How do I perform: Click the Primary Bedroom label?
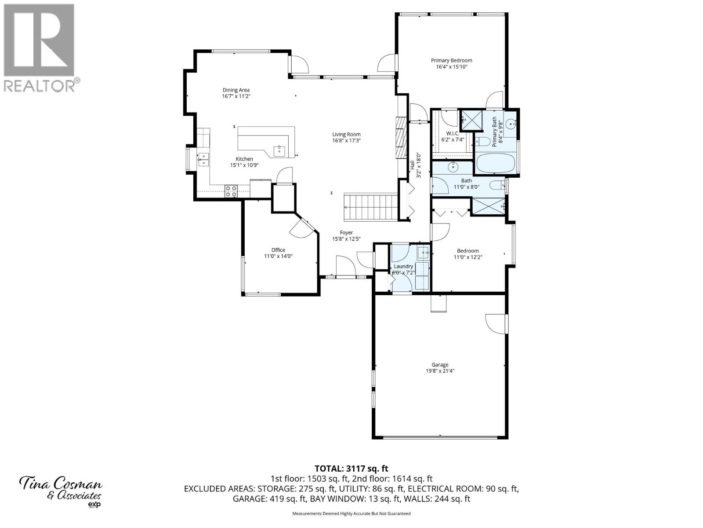click(451, 61)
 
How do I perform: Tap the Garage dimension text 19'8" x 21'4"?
click(440, 371)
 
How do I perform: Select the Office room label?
click(278, 250)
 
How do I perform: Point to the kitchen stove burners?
click(231, 191)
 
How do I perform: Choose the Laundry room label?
click(403, 266)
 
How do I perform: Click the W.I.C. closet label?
click(453, 133)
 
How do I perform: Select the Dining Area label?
click(236, 90)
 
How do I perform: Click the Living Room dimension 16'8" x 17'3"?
click(346, 141)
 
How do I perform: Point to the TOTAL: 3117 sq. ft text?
click(351, 469)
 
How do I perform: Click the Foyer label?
click(346, 233)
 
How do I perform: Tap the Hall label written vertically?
click(413, 165)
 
